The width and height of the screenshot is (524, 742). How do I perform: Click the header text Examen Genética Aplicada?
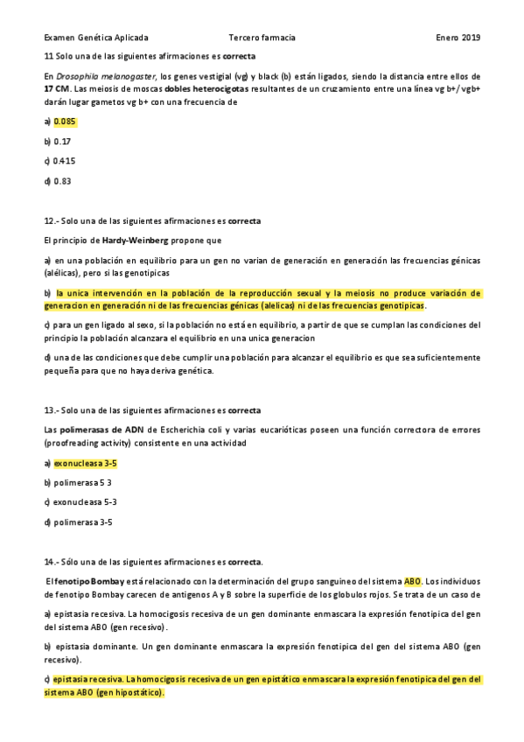coord(95,38)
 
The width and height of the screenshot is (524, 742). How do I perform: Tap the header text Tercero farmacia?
coord(262,38)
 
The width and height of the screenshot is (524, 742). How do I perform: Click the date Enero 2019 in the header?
coord(458,38)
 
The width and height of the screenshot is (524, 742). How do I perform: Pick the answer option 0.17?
coord(62,141)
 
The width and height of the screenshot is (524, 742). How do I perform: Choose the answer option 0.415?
coord(64,161)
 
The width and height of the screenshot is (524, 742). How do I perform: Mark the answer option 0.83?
coord(62,181)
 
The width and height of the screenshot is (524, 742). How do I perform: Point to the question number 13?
coord(50,409)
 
